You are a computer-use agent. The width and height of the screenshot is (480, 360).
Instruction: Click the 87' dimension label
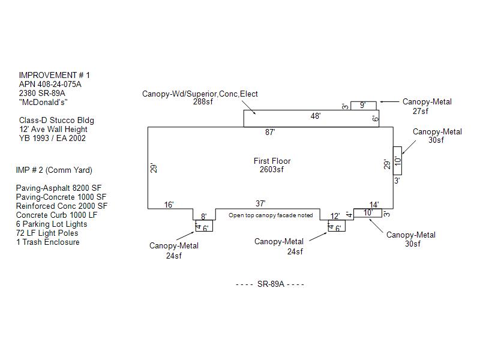[270, 132]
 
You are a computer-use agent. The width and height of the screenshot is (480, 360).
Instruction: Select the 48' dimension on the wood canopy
[316, 116]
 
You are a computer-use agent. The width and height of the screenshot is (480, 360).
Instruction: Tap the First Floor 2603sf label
[272, 165]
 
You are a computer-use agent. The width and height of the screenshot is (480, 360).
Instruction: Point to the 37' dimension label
[260, 203]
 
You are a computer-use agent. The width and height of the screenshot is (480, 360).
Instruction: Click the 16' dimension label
[169, 205]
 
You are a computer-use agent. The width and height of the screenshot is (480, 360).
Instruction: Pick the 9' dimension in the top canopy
[362, 105]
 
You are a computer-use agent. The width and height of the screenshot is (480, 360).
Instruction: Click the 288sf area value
[203, 101]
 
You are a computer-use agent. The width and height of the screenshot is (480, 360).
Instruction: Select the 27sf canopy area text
[421, 111]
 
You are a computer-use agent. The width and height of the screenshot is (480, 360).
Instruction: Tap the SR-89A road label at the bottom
[271, 284]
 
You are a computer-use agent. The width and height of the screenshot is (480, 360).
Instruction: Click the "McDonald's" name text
[43, 102]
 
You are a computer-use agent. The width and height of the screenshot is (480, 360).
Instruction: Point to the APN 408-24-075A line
[50, 84]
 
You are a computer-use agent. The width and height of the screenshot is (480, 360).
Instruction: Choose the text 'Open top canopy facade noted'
[271, 215]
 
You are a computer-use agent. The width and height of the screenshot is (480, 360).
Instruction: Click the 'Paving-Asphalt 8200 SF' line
[58, 188]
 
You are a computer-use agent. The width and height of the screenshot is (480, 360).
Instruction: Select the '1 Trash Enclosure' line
[48, 242]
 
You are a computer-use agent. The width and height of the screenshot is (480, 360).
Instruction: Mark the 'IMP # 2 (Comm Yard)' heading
[54, 170]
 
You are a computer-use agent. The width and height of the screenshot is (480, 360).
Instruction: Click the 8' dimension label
[203, 217]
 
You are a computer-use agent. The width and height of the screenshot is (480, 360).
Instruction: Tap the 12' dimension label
[335, 216]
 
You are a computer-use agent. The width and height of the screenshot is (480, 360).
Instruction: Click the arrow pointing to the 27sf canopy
[389, 101]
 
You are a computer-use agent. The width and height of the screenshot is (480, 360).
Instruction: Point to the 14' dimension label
[374, 205]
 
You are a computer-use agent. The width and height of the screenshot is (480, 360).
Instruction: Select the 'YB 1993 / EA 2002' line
[52, 138]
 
